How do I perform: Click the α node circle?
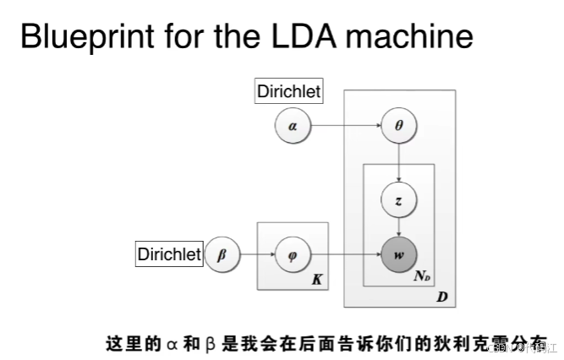click(293, 127)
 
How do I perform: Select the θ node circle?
click(398, 127)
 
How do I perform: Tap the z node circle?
click(398, 200)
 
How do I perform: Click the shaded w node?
click(398, 254)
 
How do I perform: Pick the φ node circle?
click(293, 254)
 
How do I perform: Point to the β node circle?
click(222, 254)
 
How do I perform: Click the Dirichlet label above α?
click(288, 91)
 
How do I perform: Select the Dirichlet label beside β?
click(169, 254)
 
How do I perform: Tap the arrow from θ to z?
click(398, 163)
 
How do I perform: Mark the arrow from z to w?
click(398, 226)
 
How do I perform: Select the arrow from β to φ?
click(257, 254)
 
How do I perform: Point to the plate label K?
click(316, 279)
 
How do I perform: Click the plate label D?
click(441, 297)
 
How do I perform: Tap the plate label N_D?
click(421, 276)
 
